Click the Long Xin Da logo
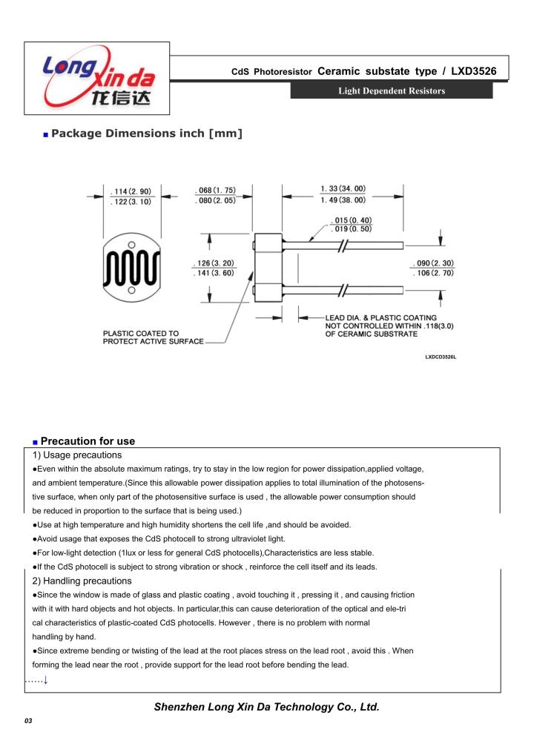click(x=97, y=78)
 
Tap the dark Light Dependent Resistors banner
click(x=391, y=91)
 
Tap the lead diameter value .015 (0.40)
click(x=352, y=221)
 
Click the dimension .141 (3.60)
click(x=214, y=273)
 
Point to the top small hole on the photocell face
click(x=131, y=244)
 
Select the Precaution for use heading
click(x=88, y=441)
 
